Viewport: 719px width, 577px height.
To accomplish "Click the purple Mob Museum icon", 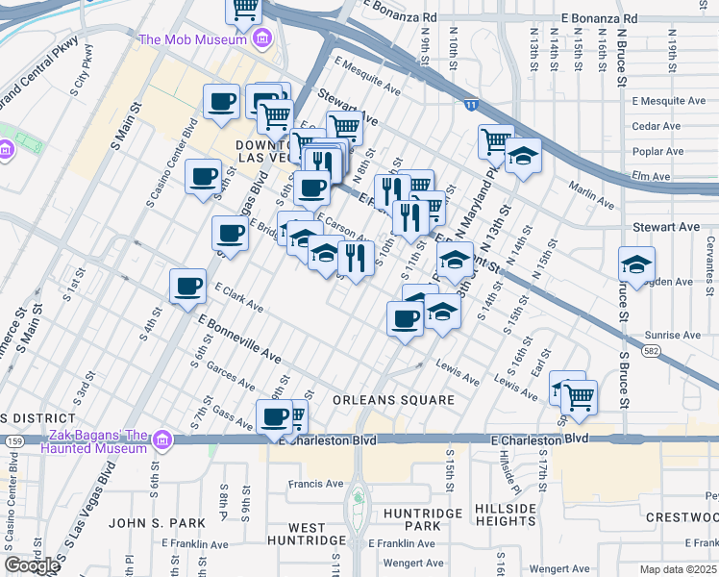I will tap(260, 39).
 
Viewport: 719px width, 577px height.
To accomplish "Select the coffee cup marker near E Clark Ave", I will tap(188, 286).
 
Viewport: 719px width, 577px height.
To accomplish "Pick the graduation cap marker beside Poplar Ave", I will tap(523, 156).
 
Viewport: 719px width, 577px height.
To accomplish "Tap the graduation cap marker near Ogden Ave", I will tap(636, 263).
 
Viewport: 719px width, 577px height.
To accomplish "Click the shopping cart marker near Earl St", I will tap(579, 395).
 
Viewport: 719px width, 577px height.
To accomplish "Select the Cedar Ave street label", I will tap(657, 126).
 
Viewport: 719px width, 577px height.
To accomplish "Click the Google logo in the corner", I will tap(32, 565).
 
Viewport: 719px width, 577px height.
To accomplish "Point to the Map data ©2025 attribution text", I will tap(679, 569).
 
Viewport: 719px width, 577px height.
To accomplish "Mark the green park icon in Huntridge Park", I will tap(357, 498).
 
